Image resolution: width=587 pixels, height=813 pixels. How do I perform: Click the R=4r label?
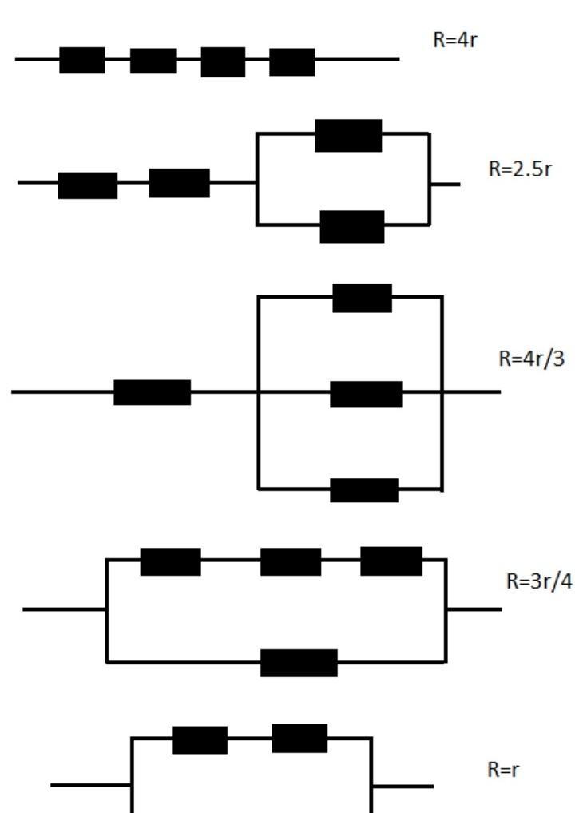click(x=454, y=41)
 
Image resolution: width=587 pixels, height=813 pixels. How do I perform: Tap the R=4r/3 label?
click(x=531, y=359)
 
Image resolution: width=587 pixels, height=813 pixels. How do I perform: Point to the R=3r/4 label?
click(x=539, y=581)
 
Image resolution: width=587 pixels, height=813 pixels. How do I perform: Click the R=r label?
click(x=505, y=771)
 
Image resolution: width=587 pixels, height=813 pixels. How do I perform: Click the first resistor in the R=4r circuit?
click(x=82, y=60)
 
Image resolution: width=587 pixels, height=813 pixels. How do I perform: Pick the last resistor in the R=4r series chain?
click(x=292, y=61)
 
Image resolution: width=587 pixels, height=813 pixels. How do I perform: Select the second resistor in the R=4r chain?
click(x=153, y=61)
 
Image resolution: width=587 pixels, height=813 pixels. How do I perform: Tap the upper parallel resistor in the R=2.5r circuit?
click(x=348, y=135)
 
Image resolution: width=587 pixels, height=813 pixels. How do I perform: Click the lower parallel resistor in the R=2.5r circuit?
click(x=352, y=227)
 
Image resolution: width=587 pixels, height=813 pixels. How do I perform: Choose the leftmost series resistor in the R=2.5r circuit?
click(x=88, y=185)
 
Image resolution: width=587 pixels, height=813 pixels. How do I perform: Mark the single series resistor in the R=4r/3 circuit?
click(x=153, y=392)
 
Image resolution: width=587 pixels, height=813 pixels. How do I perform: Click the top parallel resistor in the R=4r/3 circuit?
click(x=363, y=298)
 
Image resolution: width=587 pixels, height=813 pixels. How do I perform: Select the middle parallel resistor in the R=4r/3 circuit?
click(x=366, y=394)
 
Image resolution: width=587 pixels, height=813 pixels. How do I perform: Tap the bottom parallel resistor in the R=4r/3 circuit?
click(x=364, y=490)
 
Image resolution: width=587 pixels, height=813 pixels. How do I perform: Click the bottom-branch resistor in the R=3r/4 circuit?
click(x=299, y=663)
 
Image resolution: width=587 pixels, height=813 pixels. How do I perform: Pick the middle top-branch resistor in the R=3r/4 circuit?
click(x=291, y=561)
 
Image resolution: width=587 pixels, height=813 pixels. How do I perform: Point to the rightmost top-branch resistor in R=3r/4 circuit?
click(x=391, y=561)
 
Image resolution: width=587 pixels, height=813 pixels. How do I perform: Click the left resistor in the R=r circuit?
click(x=200, y=740)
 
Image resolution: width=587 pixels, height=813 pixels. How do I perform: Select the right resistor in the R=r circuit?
click(x=299, y=738)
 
